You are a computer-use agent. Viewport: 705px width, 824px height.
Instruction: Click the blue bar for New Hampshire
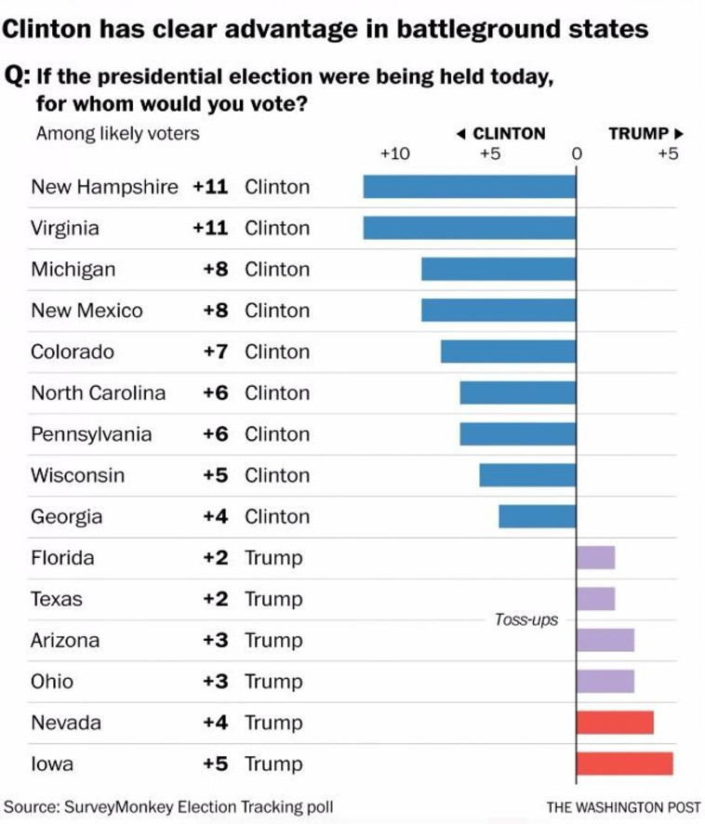point(470,186)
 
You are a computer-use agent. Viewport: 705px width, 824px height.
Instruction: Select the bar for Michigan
point(499,269)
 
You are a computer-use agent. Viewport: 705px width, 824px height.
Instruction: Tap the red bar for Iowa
point(624,764)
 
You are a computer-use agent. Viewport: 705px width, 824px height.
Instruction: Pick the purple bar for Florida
point(595,558)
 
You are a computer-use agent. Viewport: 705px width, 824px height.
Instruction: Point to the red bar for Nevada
point(615,723)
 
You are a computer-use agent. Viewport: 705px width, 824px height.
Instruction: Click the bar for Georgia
point(538,516)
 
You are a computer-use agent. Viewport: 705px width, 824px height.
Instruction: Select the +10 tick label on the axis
point(395,154)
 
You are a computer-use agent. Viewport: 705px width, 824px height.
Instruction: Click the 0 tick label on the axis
point(577,154)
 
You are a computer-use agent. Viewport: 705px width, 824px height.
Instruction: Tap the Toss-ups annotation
point(526,620)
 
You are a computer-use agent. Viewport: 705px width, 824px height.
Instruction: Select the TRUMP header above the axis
point(639,134)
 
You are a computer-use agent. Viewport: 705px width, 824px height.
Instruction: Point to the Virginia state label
point(65,228)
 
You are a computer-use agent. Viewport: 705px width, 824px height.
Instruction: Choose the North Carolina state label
point(99,392)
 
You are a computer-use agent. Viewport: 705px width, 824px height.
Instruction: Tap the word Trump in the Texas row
point(273,599)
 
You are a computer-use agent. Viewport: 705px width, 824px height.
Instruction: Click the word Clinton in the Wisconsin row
point(277,475)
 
